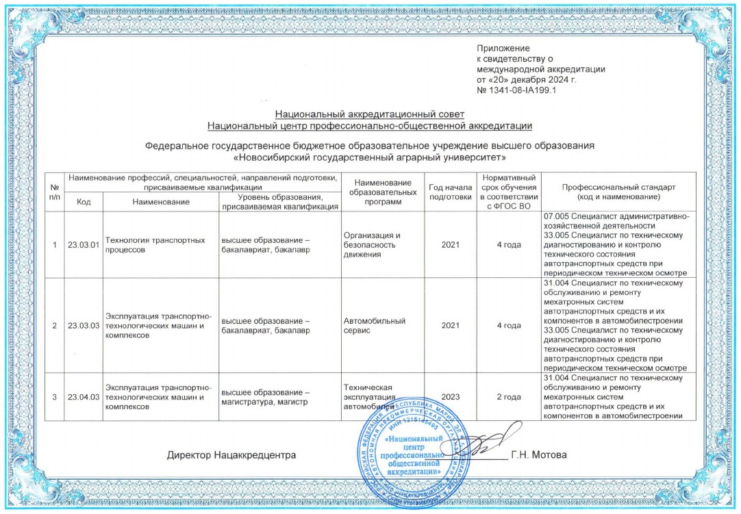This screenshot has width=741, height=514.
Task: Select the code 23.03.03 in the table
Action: [x=84, y=325]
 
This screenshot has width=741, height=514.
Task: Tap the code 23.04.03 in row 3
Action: [x=84, y=397]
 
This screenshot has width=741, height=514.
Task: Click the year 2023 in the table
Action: [x=450, y=397]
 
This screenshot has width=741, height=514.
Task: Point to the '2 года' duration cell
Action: [x=507, y=397]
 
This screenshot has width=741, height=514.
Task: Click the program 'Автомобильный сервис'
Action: [x=375, y=325]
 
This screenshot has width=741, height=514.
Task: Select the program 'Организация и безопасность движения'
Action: [x=372, y=245]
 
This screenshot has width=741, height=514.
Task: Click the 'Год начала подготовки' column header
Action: [x=450, y=192]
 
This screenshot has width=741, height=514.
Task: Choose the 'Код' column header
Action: [x=84, y=202]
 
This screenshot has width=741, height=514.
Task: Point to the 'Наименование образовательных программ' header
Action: [x=383, y=192]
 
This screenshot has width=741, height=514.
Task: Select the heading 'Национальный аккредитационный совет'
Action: [x=370, y=114]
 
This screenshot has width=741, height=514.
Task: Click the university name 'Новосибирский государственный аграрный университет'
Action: [x=370, y=157]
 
